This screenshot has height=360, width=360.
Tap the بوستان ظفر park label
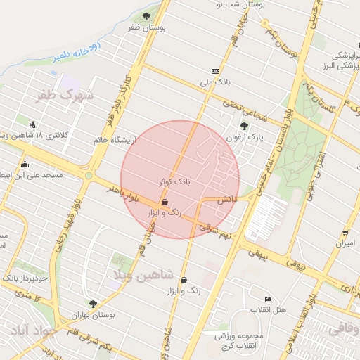(146, 27)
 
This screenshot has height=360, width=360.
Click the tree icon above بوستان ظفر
(146, 15)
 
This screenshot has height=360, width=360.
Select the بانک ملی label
(215, 83)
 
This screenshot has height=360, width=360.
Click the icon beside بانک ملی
(215, 71)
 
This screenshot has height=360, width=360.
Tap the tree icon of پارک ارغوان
(244, 126)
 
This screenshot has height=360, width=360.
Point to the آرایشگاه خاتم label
(117, 140)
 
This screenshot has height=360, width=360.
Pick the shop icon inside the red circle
(165, 201)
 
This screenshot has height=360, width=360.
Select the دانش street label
(226, 200)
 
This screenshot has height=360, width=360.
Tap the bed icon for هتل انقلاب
(266, 300)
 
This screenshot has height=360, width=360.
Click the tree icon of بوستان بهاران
(93, 304)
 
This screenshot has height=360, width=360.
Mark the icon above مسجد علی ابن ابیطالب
(25, 164)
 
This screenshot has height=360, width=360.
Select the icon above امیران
(345, 233)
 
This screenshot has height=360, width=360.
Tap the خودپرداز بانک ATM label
(24, 279)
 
